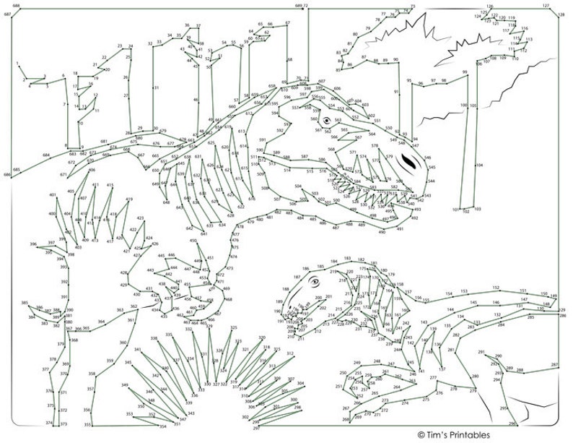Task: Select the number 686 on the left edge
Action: [x=7, y=175]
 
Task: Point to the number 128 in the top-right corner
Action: [x=561, y=14]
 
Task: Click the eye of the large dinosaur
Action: [x=326, y=120]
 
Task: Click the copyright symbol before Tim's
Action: [x=421, y=434]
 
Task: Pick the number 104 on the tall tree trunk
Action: [x=479, y=165]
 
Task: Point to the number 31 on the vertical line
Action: [x=156, y=88]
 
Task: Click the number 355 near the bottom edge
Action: [x=87, y=424]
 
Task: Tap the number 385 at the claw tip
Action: [x=25, y=304]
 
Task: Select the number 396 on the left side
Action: [x=33, y=244]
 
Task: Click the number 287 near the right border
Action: [x=554, y=365]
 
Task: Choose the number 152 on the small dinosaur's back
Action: [x=496, y=288]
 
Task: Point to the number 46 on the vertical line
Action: [x=196, y=100]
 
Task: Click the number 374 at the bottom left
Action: [x=49, y=422]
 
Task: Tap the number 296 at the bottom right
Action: [x=512, y=424]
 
